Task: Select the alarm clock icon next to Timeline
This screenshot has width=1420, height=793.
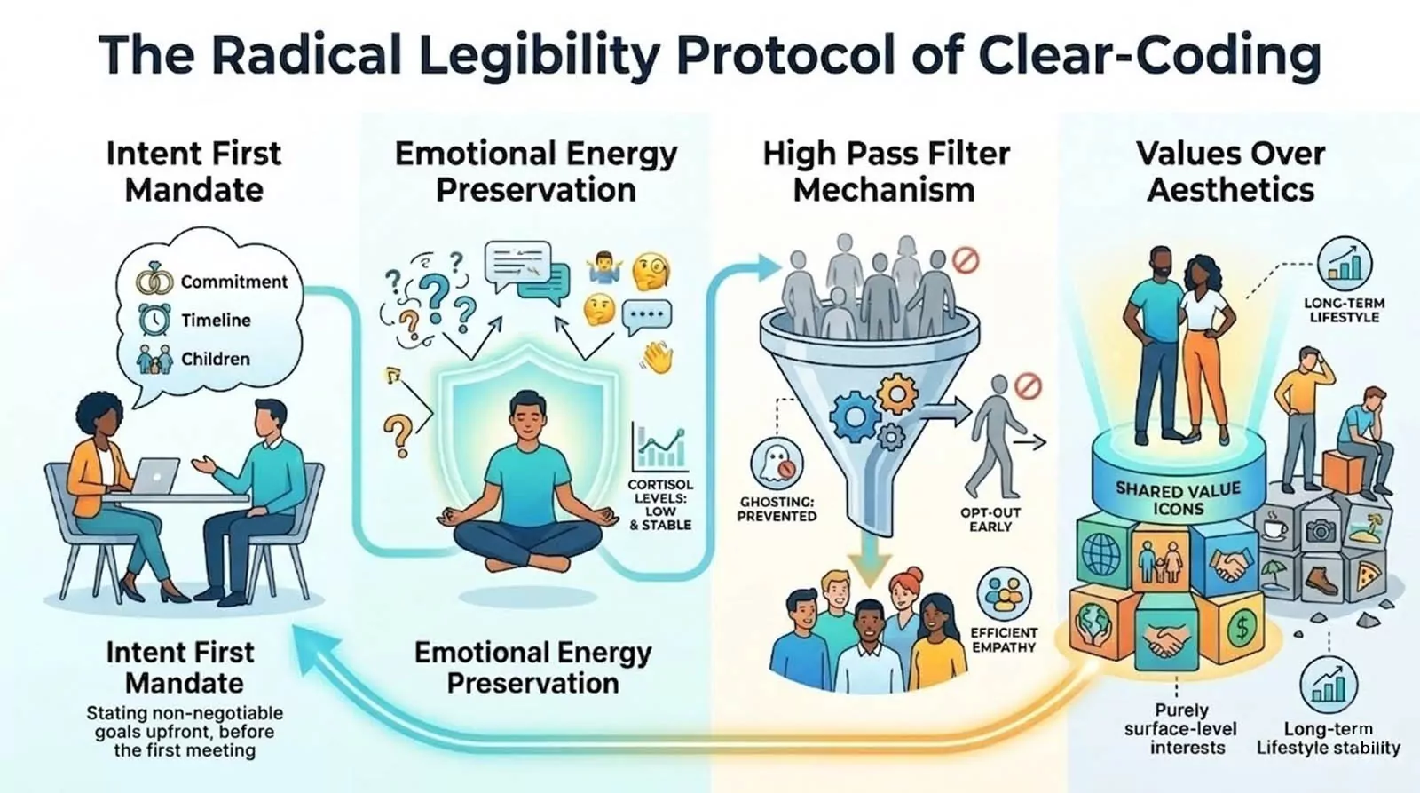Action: point(154,319)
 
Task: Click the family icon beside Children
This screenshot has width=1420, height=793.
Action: point(154,359)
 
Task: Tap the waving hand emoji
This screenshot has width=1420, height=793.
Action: point(658,357)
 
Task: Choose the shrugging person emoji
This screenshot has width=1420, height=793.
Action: point(603,267)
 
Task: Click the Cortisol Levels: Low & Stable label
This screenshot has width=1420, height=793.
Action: point(660,504)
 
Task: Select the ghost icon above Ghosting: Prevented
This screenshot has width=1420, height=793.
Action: point(777,463)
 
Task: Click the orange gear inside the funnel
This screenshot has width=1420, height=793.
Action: point(897,394)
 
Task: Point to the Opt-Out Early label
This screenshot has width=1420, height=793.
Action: point(990,519)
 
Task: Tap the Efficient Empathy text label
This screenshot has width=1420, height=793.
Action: point(1004,640)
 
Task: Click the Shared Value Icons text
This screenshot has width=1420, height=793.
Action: point(1178,499)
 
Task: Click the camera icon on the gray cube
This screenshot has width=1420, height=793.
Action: point(1321,530)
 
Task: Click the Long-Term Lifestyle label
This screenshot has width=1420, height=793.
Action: point(1344,310)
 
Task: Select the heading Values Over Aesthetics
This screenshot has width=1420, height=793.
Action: point(1230,171)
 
